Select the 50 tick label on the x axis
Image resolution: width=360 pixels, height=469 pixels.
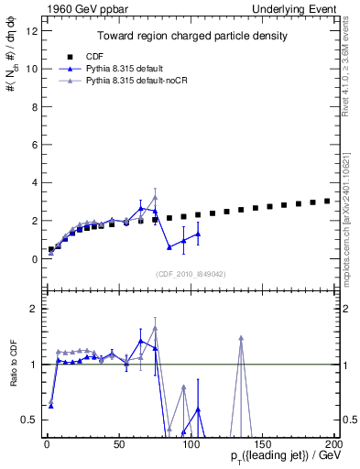coord(118,444)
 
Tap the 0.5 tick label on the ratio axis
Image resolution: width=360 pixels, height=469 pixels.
coord(29,420)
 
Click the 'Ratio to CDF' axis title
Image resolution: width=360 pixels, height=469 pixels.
coord(12,365)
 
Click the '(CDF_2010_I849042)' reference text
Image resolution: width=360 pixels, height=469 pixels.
coord(191,272)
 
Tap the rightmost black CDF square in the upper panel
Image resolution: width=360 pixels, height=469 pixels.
coord(327,201)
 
